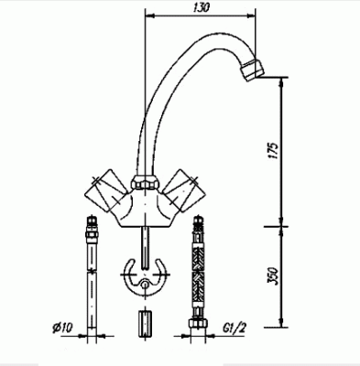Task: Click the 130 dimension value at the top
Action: (x=202, y=7)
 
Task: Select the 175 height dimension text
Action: (x=274, y=150)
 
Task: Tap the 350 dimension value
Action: (x=273, y=276)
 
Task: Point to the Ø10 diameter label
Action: (x=63, y=328)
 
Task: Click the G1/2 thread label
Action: (x=235, y=328)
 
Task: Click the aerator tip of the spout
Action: (x=252, y=70)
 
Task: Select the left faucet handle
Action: (x=105, y=190)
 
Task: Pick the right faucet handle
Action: (x=183, y=190)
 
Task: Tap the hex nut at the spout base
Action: (x=144, y=182)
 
